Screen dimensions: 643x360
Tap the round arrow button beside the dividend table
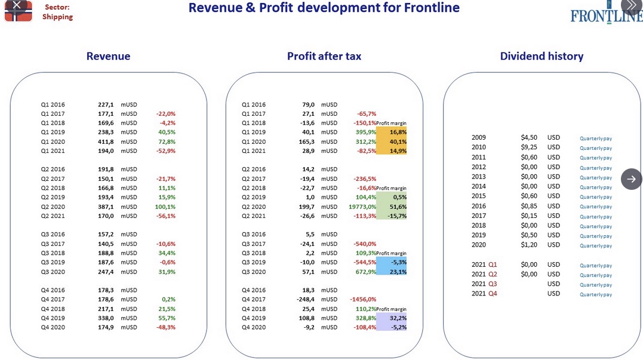click(632, 179)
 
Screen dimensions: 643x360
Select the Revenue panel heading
click(108, 56)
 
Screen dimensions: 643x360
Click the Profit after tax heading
click(324, 56)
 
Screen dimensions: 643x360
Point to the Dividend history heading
click(542, 56)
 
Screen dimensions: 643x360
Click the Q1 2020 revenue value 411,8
click(106, 141)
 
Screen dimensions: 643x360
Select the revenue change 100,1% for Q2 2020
click(165, 207)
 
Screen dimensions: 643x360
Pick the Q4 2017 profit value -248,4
click(306, 299)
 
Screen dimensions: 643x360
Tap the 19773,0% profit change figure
click(362, 207)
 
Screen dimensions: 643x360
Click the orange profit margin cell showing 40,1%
click(392, 141)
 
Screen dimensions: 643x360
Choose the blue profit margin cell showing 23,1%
click(392, 272)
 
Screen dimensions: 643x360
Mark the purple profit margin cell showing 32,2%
click(392, 318)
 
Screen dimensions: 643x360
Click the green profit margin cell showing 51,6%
click(392, 207)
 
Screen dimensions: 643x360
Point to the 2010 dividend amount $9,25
click(529, 147)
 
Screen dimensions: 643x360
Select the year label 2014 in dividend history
click(479, 186)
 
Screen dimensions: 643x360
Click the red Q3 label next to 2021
click(493, 284)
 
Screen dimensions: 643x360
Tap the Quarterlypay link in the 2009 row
click(596, 139)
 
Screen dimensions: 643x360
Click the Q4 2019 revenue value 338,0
click(106, 318)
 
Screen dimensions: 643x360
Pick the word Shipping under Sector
click(57, 17)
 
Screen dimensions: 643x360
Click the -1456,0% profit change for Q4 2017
click(363, 299)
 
